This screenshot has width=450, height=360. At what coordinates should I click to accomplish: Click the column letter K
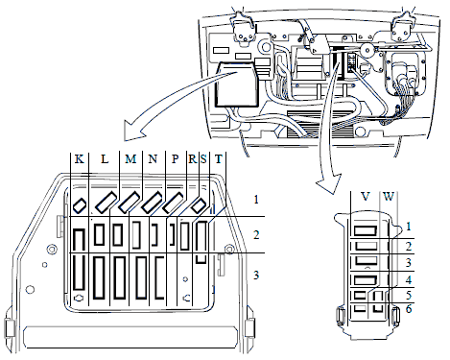(80, 158)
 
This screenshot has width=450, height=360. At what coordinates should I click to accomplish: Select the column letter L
(105, 158)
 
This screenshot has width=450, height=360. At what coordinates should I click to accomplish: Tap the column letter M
(130, 158)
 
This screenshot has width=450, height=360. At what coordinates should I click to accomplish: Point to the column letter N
(153, 158)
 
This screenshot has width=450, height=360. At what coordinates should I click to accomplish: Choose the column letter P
(175, 158)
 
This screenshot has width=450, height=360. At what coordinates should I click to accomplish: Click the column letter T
(219, 158)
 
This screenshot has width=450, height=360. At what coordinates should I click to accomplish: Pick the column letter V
(366, 196)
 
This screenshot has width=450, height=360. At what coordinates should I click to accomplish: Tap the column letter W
(389, 196)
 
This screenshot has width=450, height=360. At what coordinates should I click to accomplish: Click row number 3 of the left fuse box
(256, 275)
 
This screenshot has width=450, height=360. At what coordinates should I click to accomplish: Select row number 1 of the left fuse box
(256, 200)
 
